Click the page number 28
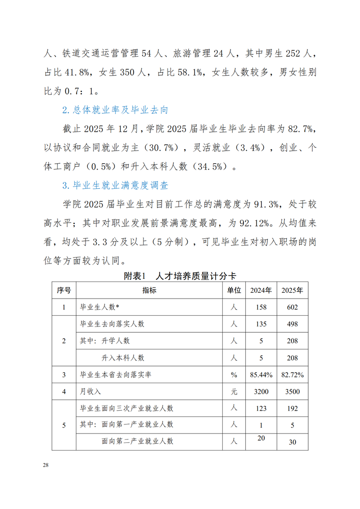pos(45,464)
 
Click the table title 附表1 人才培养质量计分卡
pos(180,277)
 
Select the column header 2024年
pos(261,290)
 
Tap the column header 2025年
pos(292,290)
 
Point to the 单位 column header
pos(234,290)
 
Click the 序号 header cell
pos(64,290)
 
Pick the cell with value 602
pos(292,308)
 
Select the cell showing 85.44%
pos(261,375)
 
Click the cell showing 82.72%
pos(292,375)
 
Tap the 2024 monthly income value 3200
pos(261,392)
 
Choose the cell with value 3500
pos(292,392)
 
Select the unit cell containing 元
pos(234,392)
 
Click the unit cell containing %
pos(234,375)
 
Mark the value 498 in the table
pos(292,324)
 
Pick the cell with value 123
pos(261,409)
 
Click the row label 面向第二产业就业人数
pos(137,441)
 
